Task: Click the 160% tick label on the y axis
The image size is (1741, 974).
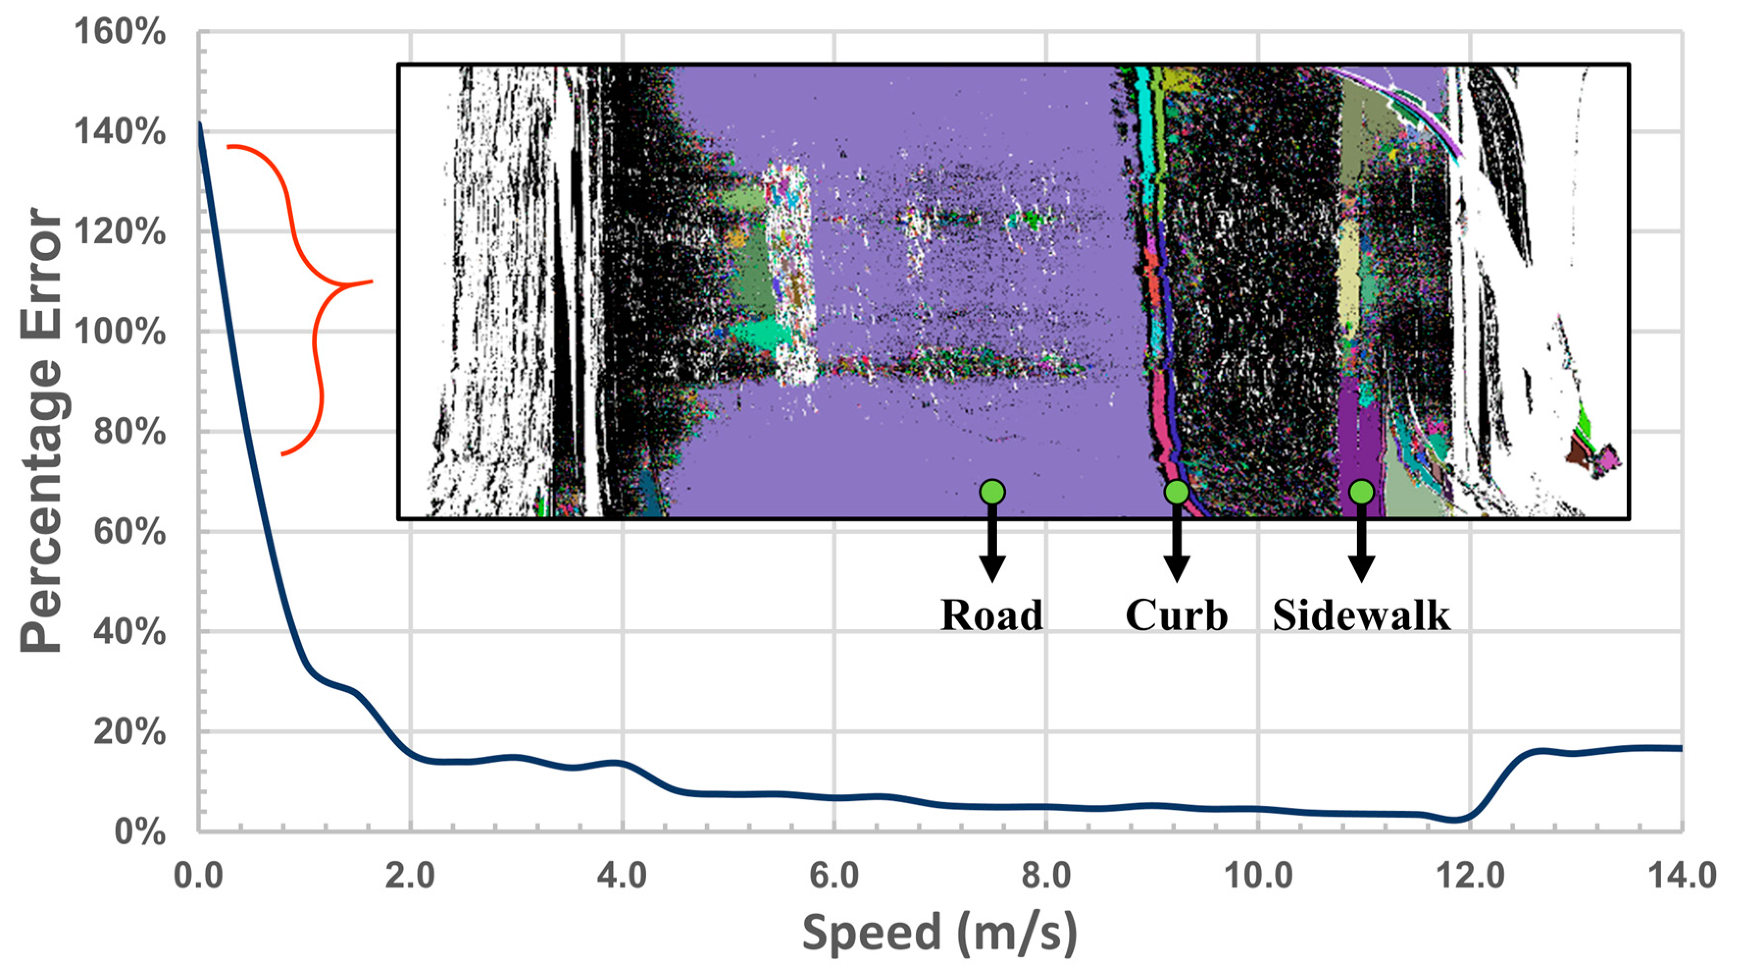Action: (120, 32)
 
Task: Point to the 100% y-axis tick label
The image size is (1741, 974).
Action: (120, 333)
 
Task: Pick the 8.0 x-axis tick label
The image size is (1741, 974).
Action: (1046, 876)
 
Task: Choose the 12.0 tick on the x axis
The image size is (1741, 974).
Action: (1469, 876)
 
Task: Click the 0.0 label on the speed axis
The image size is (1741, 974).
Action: (199, 876)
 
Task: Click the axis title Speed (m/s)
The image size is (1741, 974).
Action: (939, 933)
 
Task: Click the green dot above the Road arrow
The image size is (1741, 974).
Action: (992, 492)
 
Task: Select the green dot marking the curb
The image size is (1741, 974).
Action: (1177, 492)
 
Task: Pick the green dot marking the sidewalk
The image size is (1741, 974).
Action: (1361, 492)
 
